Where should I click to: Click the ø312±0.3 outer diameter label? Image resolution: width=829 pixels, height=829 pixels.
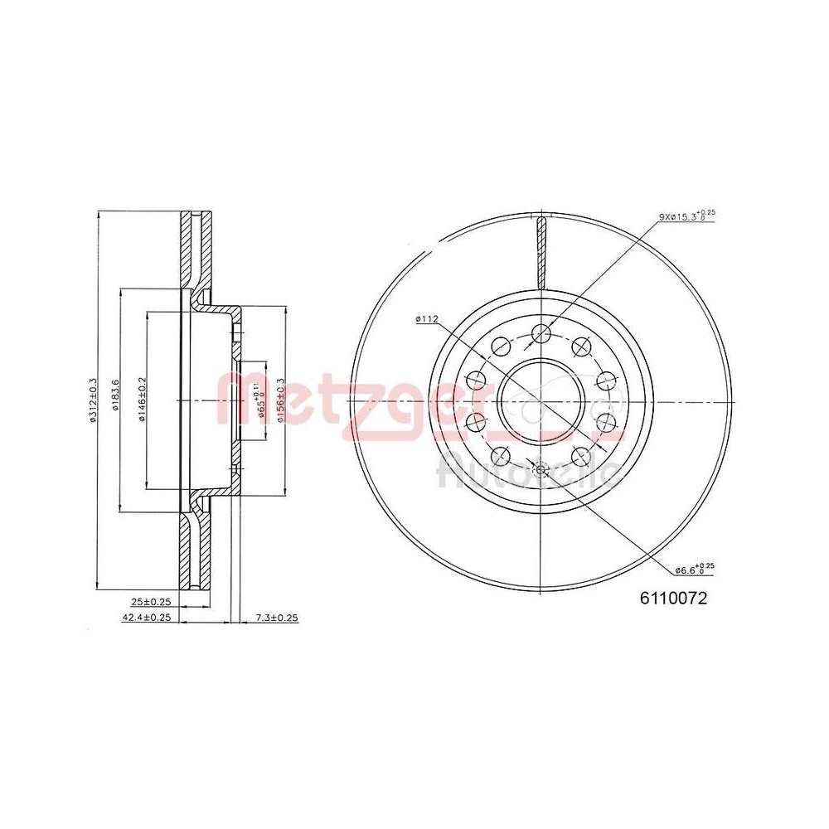[x=94, y=399]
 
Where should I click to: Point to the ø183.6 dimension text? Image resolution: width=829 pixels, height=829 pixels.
[x=117, y=399]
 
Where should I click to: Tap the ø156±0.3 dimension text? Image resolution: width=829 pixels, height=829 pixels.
[x=281, y=400]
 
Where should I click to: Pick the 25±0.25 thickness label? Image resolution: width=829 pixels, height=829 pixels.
[x=151, y=603]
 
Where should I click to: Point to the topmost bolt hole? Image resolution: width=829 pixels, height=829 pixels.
[x=541, y=333]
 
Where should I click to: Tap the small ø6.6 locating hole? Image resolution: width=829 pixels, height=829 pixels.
[x=541, y=470]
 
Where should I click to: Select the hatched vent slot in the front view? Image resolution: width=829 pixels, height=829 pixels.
[x=541, y=249]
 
